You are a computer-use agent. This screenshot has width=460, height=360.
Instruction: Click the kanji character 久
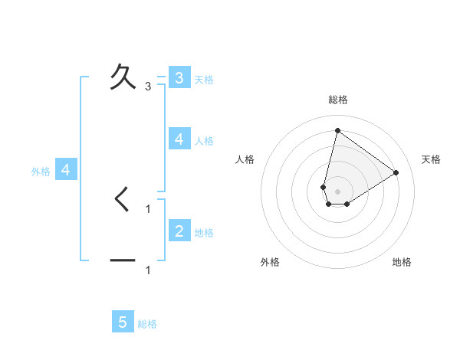click(x=123, y=77)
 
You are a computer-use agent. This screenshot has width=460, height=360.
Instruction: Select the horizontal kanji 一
click(x=123, y=261)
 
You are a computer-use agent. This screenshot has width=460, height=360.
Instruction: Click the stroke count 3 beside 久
click(x=148, y=86)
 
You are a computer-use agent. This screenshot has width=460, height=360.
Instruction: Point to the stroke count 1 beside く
click(x=148, y=208)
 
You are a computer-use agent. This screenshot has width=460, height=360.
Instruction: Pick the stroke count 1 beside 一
click(x=148, y=270)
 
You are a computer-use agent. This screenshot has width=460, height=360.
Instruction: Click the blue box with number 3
click(x=179, y=78)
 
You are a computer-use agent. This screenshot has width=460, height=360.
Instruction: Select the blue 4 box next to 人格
click(x=179, y=139)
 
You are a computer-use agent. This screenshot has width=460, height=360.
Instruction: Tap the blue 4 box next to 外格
click(x=66, y=170)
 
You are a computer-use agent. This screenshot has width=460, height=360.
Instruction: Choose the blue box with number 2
click(x=179, y=231)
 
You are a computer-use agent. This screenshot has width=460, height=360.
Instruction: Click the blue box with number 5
click(x=123, y=322)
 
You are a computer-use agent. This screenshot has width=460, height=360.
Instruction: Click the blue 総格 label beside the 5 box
click(x=147, y=324)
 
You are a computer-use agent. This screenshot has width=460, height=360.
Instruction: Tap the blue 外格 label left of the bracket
click(x=41, y=172)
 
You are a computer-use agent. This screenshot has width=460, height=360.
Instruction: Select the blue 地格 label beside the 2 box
click(x=204, y=233)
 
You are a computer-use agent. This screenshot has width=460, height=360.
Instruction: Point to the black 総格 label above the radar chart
click(x=338, y=100)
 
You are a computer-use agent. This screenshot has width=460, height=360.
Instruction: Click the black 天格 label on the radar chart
click(x=431, y=159)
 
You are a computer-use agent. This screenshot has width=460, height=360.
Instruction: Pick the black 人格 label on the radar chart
click(x=245, y=159)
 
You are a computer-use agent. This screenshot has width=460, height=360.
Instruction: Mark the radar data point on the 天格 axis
click(x=396, y=172)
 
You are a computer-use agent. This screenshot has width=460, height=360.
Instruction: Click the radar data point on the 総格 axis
click(x=337, y=130)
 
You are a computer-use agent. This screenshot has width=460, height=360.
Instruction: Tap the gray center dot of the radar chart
click(x=337, y=191)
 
